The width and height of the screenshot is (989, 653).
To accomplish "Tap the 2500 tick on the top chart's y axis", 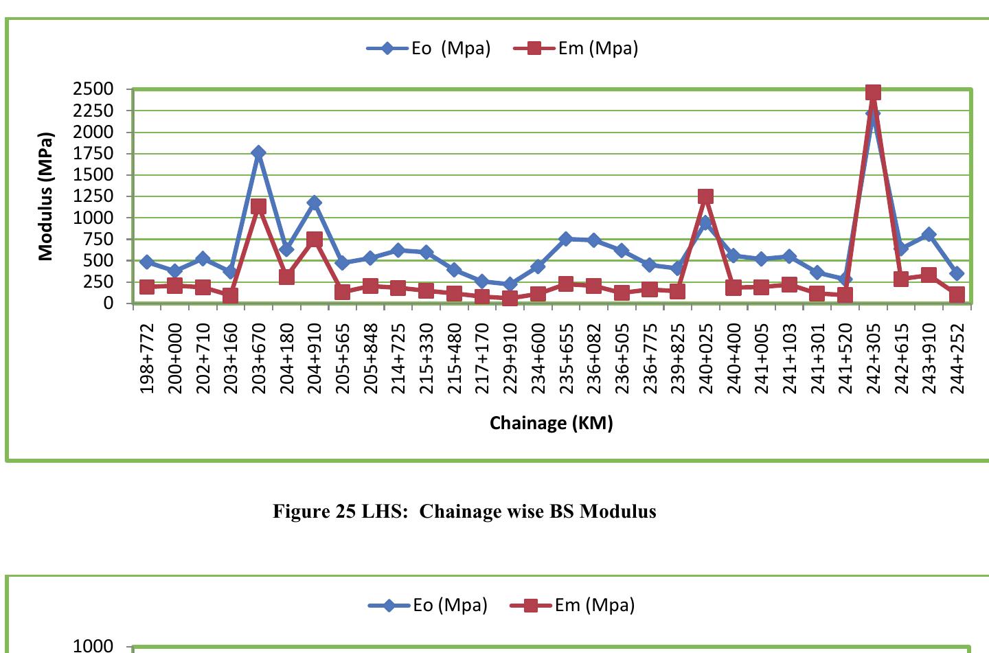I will (93, 89).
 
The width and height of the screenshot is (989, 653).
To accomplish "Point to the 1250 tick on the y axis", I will (93, 196).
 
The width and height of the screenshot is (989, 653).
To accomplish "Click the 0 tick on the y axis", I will (108, 303).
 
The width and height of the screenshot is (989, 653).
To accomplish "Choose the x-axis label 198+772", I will (147, 359).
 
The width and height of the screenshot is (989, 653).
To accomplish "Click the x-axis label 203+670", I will (259, 359).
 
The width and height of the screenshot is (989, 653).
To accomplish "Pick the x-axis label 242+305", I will (874, 359).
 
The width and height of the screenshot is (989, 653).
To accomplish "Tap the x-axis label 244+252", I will (957, 359).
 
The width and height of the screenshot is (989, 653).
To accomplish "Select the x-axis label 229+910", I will (510, 359).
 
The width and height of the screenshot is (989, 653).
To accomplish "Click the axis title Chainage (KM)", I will (551, 423).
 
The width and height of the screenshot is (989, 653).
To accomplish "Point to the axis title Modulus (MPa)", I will (46, 196).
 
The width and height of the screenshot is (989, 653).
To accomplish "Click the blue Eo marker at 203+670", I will (258, 152).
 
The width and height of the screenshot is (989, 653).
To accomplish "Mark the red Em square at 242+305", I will (873, 93).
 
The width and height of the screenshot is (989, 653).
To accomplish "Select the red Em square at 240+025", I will (705, 196).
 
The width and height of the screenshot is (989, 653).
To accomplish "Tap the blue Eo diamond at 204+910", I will (315, 203).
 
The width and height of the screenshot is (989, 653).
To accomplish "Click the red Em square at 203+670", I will (258, 206).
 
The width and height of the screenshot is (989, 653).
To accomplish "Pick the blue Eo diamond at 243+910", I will (929, 235).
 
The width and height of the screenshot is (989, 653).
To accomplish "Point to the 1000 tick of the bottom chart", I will (93, 645).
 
